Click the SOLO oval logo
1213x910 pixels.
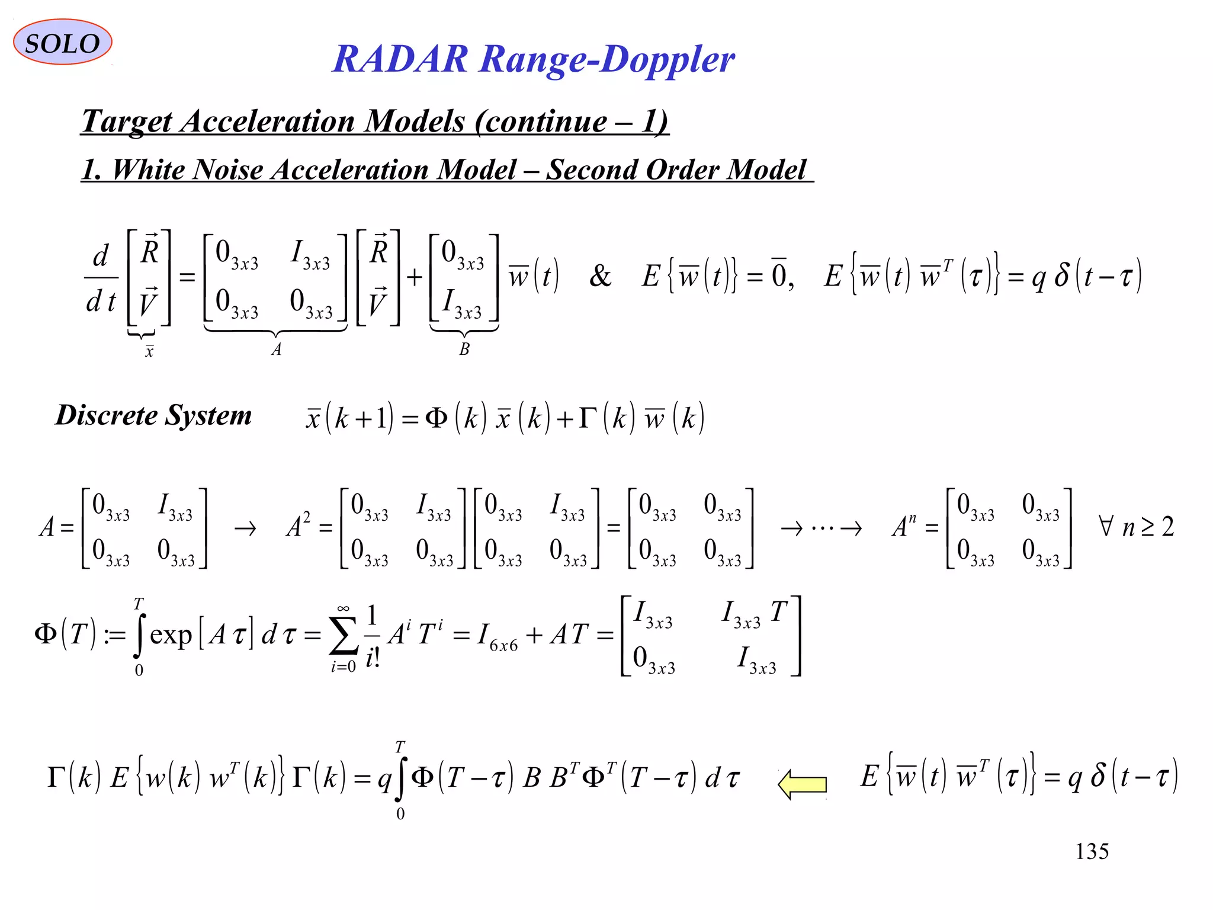[62, 43]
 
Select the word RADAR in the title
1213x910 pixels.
[400, 60]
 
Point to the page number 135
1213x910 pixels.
[1092, 851]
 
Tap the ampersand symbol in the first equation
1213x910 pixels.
[600, 276]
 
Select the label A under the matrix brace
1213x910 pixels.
[276, 350]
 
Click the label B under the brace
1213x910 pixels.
[464, 350]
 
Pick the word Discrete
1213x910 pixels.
[107, 415]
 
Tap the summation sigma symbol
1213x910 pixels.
[344, 636]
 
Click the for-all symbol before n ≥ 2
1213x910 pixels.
[1105, 526]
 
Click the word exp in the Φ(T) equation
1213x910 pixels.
[171, 636]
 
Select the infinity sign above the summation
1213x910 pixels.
[343, 608]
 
